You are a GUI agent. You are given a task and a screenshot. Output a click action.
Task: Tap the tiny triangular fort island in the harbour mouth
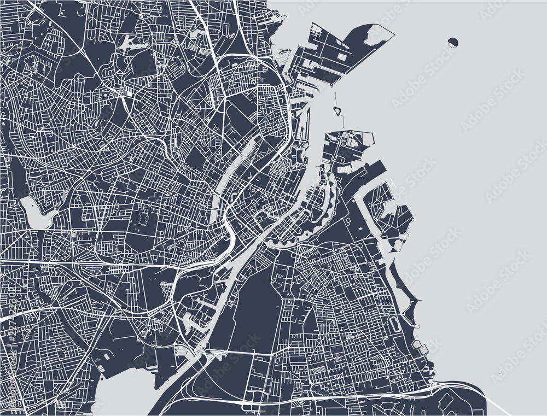pos(337,112)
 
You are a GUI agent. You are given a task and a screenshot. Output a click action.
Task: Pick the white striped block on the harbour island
pos(344,171)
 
